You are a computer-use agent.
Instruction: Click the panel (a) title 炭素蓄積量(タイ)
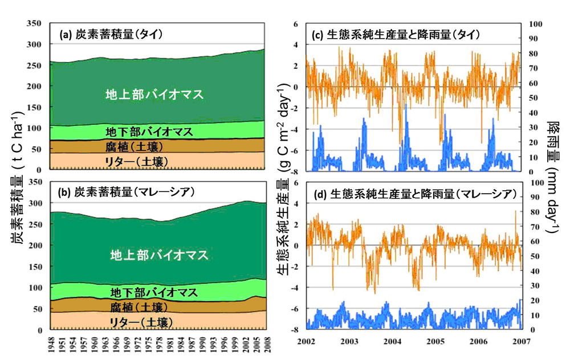click(x=112, y=35)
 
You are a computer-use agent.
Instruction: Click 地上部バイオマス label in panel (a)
click(x=154, y=95)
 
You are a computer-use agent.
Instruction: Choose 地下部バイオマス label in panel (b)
click(x=154, y=293)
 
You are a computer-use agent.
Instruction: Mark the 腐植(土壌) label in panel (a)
click(x=137, y=146)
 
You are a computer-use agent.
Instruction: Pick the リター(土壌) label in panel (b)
click(x=140, y=322)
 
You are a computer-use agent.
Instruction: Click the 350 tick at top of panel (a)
click(x=35, y=23)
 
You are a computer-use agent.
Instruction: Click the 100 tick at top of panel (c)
click(x=536, y=24)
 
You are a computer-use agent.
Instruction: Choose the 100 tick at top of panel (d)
click(x=536, y=183)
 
